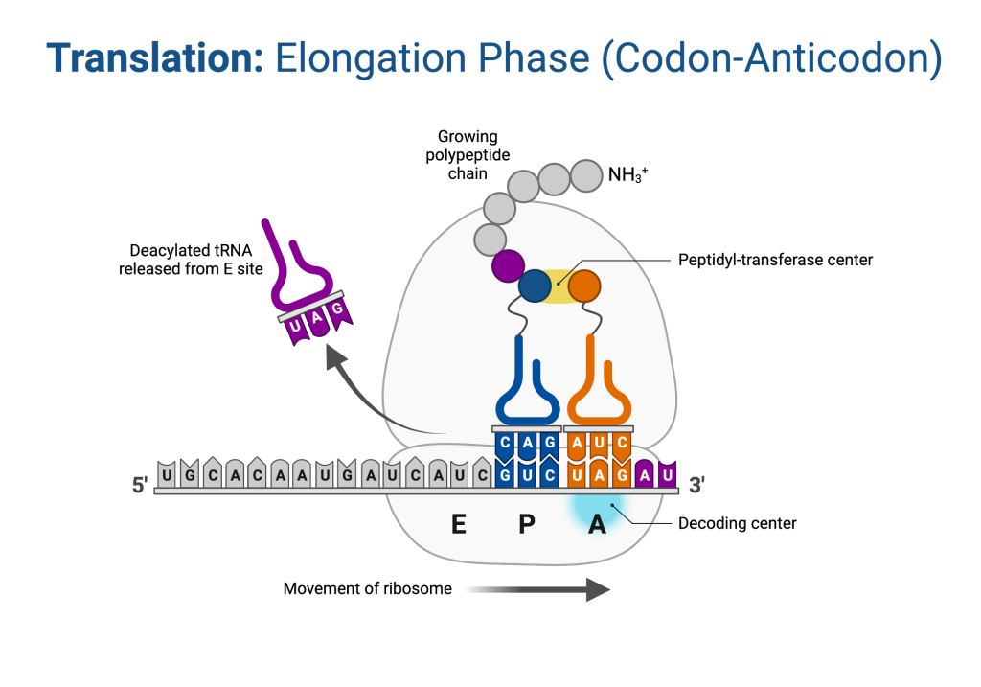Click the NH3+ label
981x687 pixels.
(x=627, y=175)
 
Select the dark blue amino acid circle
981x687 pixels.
(x=536, y=286)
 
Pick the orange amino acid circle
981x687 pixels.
(x=583, y=286)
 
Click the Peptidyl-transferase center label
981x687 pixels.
(x=775, y=260)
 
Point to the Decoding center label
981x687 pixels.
(x=737, y=523)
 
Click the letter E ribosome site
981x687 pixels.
(x=459, y=525)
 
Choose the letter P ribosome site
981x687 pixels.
(x=526, y=525)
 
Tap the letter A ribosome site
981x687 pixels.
(x=597, y=525)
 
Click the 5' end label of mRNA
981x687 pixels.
(x=138, y=486)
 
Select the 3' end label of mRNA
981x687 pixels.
(x=696, y=486)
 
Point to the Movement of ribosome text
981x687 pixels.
(x=367, y=588)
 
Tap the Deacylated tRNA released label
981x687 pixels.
(x=191, y=261)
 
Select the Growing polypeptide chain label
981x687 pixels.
(x=468, y=156)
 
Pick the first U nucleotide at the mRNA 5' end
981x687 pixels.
(x=168, y=474)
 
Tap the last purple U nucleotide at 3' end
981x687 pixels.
(x=669, y=474)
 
